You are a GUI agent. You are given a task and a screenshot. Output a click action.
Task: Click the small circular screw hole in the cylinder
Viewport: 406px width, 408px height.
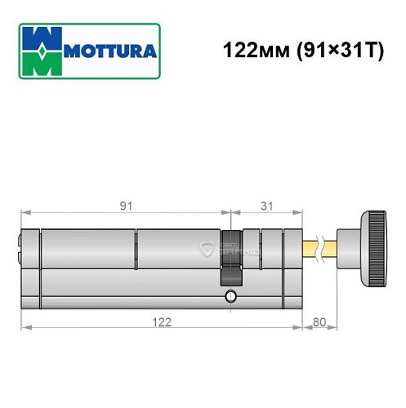pos(231,295)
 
